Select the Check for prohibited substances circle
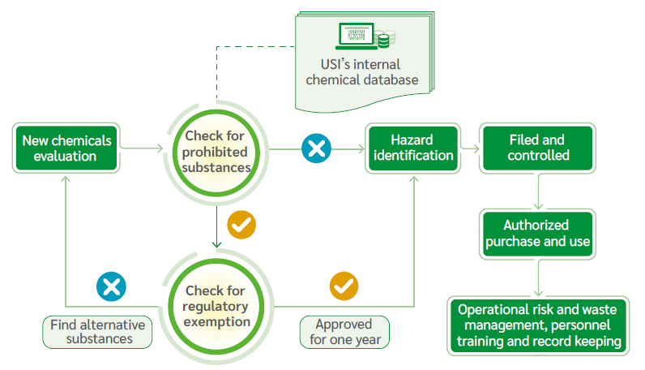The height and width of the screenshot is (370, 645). pos(216,151)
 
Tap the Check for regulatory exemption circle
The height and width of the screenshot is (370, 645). pos(216,306)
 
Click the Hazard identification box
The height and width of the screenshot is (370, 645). pos(411,148)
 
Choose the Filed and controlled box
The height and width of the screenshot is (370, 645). pos(537,148)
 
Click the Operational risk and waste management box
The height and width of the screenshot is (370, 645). pos(538,325)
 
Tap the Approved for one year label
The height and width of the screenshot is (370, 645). pos(344,332)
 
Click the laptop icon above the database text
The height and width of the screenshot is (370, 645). pos(357,36)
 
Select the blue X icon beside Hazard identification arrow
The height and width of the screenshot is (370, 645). pos(316,148)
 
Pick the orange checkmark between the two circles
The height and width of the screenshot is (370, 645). pos(241,224)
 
